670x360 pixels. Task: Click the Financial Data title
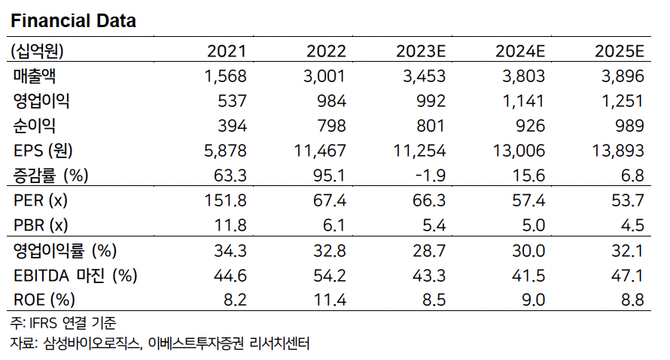(x=73, y=21)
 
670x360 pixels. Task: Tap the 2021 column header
(x=227, y=52)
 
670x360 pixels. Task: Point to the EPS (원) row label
(x=43, y=151)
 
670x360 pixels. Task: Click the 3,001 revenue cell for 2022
(x=326, y=76)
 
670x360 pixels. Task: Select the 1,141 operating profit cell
(x=522, y=101)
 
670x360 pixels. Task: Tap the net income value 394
(x=233, y=126)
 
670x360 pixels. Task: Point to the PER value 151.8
(x=227, y=201)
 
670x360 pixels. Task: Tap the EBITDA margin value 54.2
(x=330, y=276)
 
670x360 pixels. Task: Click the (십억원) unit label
(x=37, y=52)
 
